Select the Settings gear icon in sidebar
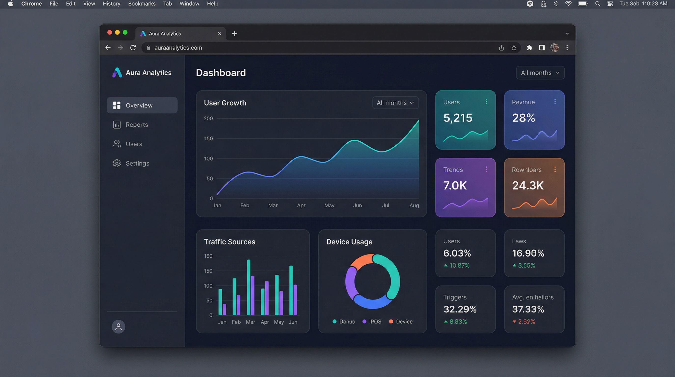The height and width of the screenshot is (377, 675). point(117,163)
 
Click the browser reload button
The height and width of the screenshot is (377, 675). point(133,48)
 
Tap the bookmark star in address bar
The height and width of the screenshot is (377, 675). point(514,48)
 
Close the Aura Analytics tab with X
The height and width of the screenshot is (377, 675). point(220,34)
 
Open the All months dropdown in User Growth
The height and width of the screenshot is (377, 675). point(395,103)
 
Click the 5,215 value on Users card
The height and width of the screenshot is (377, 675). point(457,118)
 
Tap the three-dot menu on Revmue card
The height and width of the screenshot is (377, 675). point(555,102)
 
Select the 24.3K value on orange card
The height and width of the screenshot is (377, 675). point(528,185)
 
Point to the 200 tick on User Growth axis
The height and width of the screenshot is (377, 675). point(208,119)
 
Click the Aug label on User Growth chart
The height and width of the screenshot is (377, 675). point(414,205)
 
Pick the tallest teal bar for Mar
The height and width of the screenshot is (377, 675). point(248,287)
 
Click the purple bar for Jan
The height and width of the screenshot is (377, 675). point(224,309)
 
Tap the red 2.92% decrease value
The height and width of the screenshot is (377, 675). point(526,322)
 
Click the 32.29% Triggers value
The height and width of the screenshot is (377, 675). point(460,309)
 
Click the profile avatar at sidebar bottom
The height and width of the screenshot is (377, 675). point(118,327)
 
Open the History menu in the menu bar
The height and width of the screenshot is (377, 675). point(111,4)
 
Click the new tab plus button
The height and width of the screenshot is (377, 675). point(234,34)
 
